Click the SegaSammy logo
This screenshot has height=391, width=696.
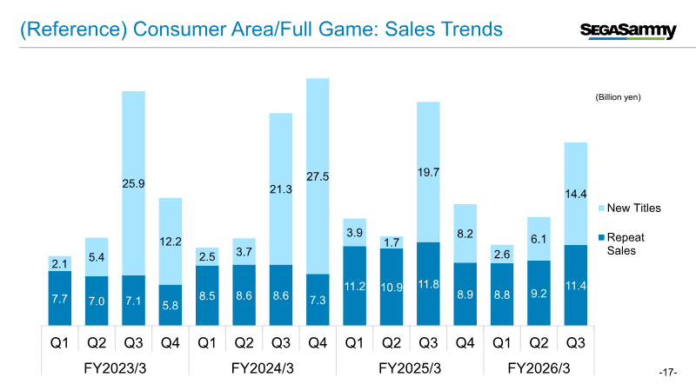click(x=628, y=31)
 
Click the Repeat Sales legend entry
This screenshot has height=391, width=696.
click(x=626, y=243)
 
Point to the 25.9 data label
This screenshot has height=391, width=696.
click(x=133, y=184)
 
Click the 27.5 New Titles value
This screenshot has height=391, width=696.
click(x=318, y=176)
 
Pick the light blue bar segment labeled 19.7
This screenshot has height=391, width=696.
click(x=428, y=172)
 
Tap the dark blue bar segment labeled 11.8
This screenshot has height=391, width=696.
click(x=428, y=283)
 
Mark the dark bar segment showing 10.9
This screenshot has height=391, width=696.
click(x=391, y=287)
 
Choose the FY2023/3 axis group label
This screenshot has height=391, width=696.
click(x=115, y=368)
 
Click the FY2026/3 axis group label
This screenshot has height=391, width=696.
click(x=539, y=368)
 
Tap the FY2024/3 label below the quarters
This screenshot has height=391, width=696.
click(x=262, y=368)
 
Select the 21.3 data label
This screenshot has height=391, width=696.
click(x=280, y=189)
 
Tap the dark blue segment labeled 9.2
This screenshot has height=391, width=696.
click(x=539, y=293)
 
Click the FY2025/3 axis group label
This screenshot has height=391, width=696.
click(x=410, y=368)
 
